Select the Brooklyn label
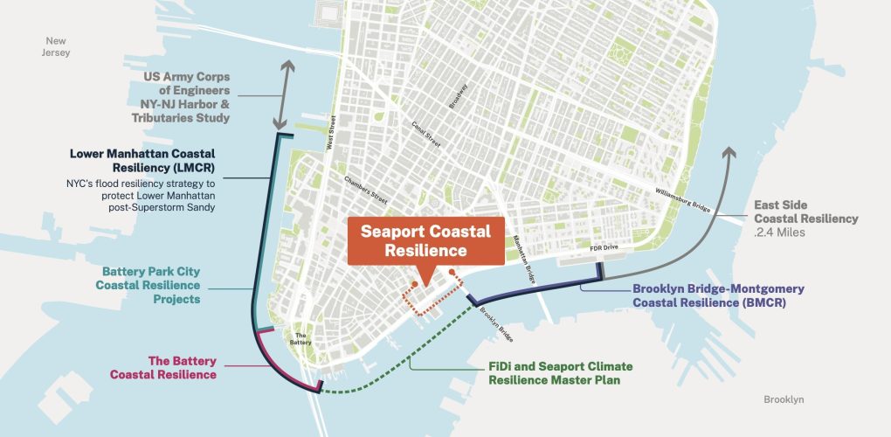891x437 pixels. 783,399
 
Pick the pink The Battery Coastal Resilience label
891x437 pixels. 162,367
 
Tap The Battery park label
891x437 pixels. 300,340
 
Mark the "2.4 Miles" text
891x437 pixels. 780,232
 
